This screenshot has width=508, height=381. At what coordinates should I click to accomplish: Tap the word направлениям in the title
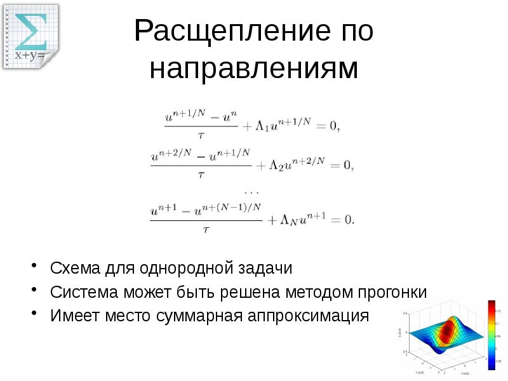(x=253, y=69)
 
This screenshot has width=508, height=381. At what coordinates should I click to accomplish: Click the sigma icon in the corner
(x=30, y=30)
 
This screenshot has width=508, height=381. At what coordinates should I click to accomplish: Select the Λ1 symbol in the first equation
(x=262, y=126)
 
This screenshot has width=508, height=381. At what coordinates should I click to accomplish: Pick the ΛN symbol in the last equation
(x=288, y=220)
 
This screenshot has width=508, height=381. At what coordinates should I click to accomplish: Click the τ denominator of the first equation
(x=201, y=135)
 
